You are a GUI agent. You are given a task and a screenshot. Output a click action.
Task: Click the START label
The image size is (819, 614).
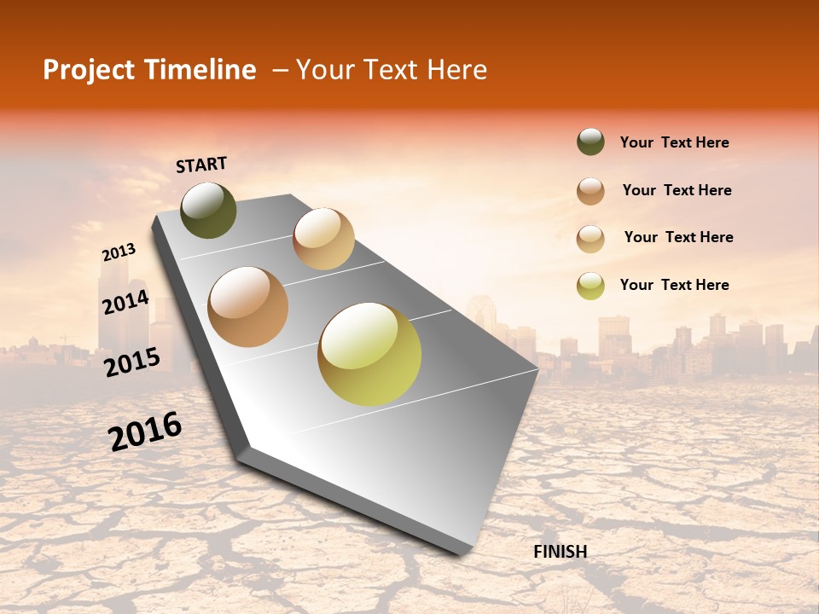tap(201, 165)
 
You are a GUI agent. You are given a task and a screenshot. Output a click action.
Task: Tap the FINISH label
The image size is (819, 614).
tap(561, 552)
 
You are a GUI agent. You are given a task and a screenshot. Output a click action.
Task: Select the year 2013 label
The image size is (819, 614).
tap(119, 252)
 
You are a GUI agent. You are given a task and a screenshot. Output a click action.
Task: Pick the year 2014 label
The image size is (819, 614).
tap(125, 303)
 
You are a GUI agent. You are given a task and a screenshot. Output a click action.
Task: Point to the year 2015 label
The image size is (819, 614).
tap(132, 362)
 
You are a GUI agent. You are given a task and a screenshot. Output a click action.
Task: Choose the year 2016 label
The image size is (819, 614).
tap(145, 432)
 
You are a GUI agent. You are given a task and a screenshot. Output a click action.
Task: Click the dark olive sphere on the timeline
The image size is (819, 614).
tap(208, 210)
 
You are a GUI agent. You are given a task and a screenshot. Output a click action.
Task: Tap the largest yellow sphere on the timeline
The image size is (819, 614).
tap(369, 353)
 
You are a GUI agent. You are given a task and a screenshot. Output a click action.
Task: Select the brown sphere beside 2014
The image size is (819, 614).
tap(248, 306)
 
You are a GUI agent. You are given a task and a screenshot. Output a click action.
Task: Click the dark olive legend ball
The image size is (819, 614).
tap(590, 142)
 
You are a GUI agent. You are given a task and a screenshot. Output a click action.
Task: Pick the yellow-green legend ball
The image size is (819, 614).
tap(590, 286)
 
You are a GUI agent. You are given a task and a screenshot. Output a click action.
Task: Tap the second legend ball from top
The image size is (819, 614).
tap(590, 190)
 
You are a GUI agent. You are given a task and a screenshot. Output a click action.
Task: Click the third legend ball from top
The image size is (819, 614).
tap(590, 238)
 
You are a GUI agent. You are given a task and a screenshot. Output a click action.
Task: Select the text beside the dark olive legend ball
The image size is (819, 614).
tap(674, 142)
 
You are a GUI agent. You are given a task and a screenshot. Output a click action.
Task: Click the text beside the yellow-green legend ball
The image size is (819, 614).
tap(674, 285)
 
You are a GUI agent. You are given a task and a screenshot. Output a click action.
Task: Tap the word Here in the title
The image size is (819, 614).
tap(456, 70)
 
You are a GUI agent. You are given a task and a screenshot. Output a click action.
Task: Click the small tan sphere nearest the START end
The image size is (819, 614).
tap(323, 238)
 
